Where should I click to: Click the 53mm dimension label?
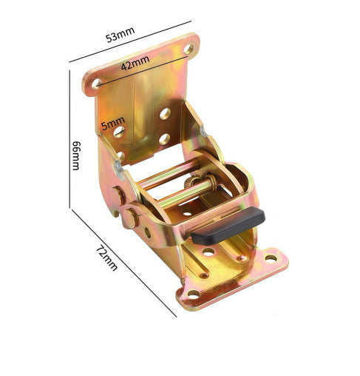pyautogui.click(x=120, y=34)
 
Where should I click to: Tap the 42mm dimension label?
pyautogui.click(x=135, y=63)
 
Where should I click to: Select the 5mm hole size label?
pyautogui.click(x=113, y=123)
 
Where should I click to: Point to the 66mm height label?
pyautogui.click(x=76, y=155)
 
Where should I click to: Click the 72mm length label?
pyautogui.click(x=106, y=258)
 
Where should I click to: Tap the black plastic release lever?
pyautogui.click(x=228, y=226)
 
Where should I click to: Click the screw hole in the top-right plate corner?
pyautogui.click(x=189, y=49)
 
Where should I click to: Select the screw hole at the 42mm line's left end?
pyautogui.click(x=97, y=84)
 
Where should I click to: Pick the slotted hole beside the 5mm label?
pyautogui.click(x=119, y=132)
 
